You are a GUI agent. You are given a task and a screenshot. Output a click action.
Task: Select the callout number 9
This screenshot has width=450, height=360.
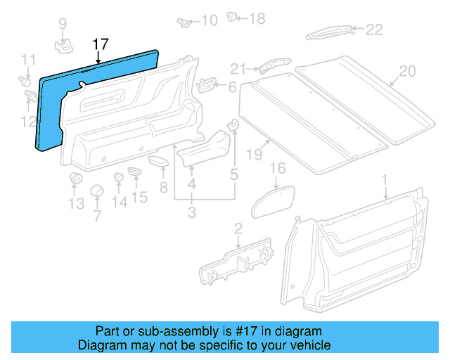pos(63,25)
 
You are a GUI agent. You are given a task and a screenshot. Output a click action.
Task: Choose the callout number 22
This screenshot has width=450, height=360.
pos(373,29)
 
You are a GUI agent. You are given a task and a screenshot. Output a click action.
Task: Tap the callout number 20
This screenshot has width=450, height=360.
pos(407,71)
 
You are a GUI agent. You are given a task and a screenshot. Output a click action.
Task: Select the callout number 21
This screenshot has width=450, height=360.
pos(239,69)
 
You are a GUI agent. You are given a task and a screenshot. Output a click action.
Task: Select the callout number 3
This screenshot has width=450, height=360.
pos(191,212)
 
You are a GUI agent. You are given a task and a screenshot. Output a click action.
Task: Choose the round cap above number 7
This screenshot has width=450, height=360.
pos(98,192)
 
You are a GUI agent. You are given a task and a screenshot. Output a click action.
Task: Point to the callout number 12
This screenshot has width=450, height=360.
pos(27,122)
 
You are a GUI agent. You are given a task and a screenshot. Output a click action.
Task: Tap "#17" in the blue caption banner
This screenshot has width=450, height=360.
pos(236,331)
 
